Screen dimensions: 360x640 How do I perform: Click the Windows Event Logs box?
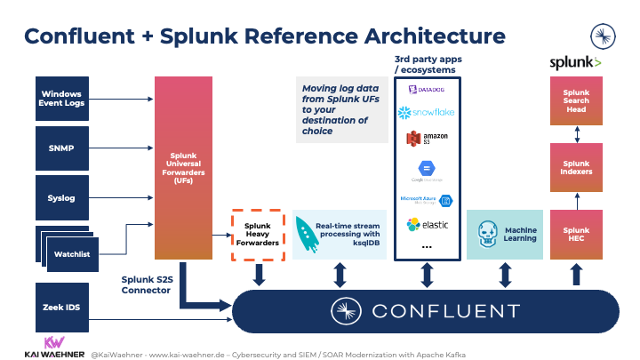pyautogui.click(x=61, y=98)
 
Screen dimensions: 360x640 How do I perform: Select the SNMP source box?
pyautogui.click(x=61, y=147)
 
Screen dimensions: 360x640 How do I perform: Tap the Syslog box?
pyautogui.click(x=61, y=197)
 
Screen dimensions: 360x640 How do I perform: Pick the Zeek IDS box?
pyautogui.click(x=61, y=306)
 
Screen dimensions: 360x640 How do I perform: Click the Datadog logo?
pyautogui.click(x=427, y=89)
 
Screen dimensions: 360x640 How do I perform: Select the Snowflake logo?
pyautogui.click(x=427, y=113)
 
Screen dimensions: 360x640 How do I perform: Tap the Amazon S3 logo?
pyautogui.click(x=427, y=140)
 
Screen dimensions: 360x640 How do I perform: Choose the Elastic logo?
pyautogui.click(x=427, y=225)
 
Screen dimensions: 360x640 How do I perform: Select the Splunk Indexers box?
pyautogui.click(x=577, y=168)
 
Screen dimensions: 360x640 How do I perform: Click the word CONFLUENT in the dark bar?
pyautogui.click(x=444, y=311)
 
